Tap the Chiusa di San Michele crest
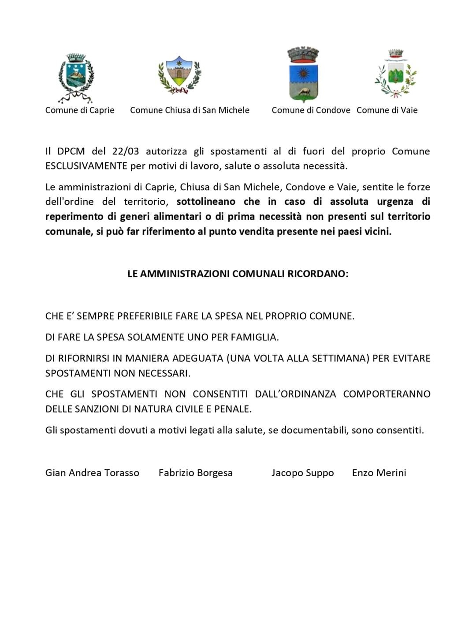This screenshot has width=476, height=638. [179, 75]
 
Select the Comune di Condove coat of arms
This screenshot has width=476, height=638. [303, 74]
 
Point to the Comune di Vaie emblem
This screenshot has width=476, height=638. [395, 74]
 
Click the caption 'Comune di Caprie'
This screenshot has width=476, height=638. [80, 110]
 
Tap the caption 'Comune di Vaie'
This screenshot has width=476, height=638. [387, 110]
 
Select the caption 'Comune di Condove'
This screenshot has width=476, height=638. [311, 110]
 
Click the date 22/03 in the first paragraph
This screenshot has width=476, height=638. [125, 151]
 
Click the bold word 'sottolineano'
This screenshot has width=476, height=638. [206, 202]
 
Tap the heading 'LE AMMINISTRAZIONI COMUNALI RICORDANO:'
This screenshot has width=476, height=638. [238, 274]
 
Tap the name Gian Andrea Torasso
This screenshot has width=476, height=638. [92, 473]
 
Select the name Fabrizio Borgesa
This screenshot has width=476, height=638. [196, 473]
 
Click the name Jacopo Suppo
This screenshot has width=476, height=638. [303, 473]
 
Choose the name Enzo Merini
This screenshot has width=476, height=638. [379, 473]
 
